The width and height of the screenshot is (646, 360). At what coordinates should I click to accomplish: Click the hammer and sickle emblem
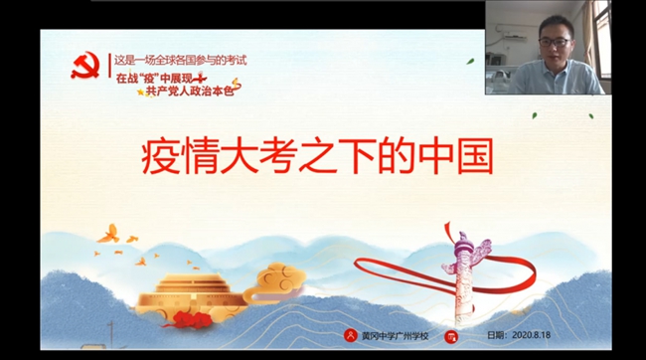(x=85, y=66)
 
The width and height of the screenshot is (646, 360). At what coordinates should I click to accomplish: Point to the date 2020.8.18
(x=531, y=335)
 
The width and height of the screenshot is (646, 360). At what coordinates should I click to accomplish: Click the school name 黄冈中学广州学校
(x=396, y=336)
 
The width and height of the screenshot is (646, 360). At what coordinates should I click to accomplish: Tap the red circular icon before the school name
(x=350, y=335)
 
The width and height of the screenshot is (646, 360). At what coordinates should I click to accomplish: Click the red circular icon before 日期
(x=451, y=337)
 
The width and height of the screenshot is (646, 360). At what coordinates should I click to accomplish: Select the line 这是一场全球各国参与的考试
(x=181, y=61)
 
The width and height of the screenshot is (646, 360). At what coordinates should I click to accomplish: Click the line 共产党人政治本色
(x=191, y=90)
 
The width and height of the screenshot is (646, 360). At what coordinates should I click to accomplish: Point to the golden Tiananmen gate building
(x=192, y=294)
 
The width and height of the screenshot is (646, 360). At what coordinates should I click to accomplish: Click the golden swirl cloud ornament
(x=275, y=282)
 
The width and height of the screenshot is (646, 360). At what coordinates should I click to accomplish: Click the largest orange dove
(x=108, y=235)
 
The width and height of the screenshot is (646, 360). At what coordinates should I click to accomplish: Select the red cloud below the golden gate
(x=189, y=319)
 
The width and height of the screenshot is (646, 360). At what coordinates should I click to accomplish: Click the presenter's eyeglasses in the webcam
(x=555, y=42)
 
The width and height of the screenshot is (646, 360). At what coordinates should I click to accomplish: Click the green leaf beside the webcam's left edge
(x=470, y=62)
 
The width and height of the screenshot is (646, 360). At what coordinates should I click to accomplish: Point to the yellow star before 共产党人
(x=141, y=91)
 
